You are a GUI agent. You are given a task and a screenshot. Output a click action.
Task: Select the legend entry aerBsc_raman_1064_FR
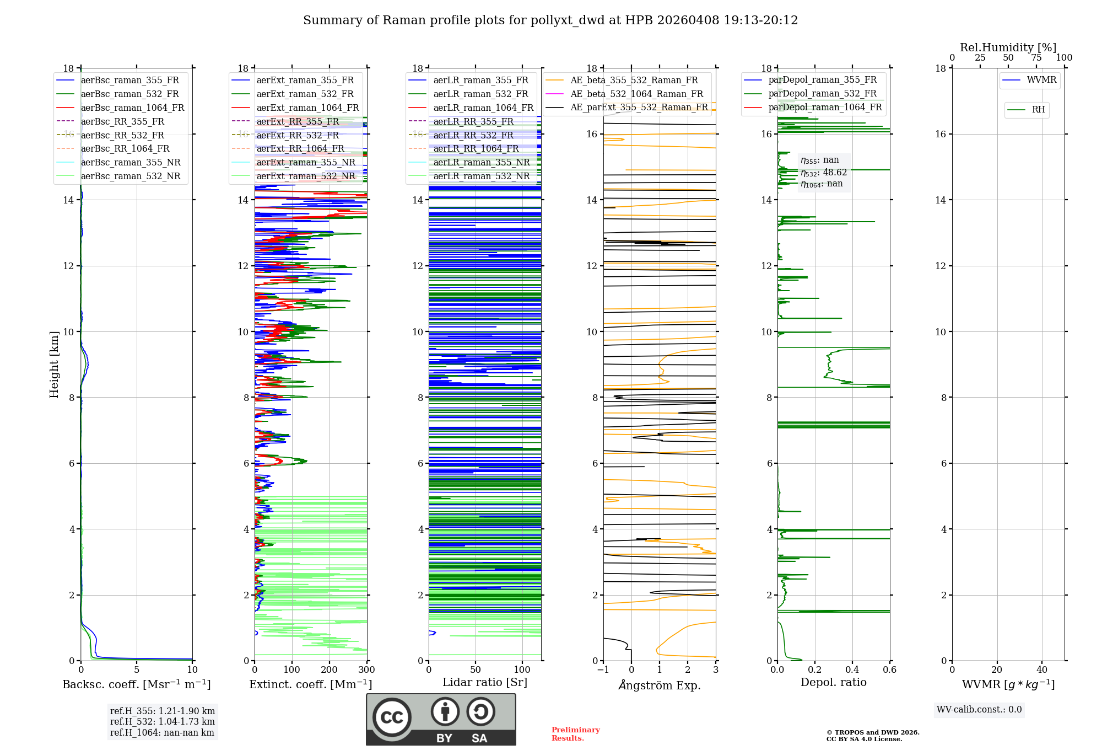pos(132,108)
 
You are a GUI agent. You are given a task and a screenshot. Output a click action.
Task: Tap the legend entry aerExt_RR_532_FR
pos(298,135)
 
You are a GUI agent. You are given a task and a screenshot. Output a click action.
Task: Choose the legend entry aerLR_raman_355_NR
pos(481,163)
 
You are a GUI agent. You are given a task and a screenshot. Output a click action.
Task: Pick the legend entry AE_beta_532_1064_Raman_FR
pos(636,94)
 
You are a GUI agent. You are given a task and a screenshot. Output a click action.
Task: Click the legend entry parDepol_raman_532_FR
pos(822,94)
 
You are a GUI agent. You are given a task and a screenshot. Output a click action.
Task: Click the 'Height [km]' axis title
pos(54,365)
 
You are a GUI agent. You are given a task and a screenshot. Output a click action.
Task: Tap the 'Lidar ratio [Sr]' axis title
pos(485,683)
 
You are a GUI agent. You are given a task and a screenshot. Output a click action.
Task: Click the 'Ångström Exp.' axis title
pos(660,685)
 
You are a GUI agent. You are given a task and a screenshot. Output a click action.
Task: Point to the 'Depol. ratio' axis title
pos(833,683)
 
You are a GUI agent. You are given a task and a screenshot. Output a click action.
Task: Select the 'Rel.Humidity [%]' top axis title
pos(1008,47)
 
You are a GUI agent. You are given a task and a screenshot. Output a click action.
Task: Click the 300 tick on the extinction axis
pos(366,670)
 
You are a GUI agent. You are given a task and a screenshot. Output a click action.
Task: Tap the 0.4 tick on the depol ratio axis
pos(852,670)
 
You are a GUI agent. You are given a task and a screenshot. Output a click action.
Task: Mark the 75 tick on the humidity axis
pos(1036,58)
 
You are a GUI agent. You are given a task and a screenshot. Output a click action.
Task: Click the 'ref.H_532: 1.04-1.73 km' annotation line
pos(162,722)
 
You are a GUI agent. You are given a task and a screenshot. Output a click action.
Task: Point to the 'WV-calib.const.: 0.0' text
pos(979,710)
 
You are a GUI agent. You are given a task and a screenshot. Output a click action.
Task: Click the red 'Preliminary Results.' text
pos(575,734)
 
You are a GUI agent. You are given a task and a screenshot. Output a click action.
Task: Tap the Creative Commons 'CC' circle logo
pos(392,717)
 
